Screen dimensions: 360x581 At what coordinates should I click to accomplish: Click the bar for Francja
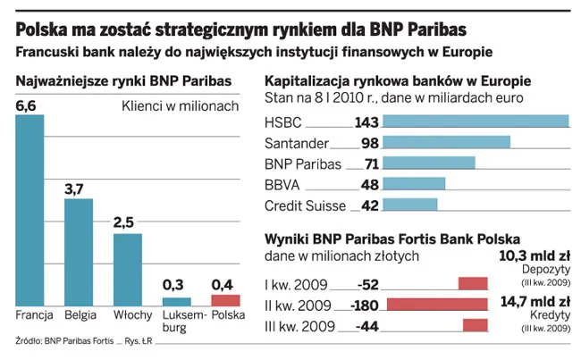point(29,210)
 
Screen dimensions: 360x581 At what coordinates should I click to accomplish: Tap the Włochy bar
point(127,269)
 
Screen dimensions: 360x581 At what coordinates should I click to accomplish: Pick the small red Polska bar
point(225,300)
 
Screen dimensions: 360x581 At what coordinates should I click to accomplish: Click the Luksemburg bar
point(176,301)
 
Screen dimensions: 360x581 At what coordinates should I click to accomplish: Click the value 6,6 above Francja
point(28,107)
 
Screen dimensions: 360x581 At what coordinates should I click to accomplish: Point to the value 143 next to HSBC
point(367,122)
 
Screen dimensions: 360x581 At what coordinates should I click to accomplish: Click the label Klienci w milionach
point(180,107)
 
